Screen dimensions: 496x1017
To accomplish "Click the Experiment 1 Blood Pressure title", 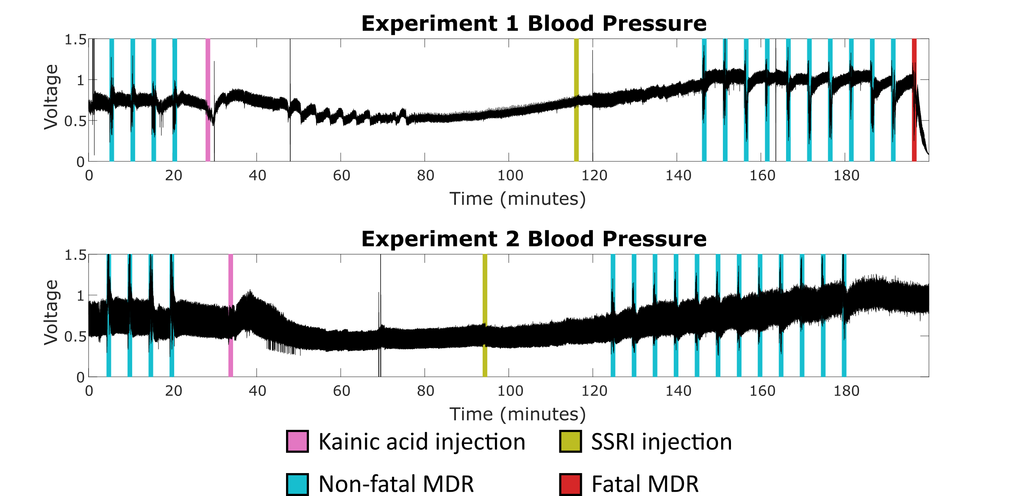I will (x=534, y=23).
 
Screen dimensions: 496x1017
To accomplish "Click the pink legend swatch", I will (x=297, y=441).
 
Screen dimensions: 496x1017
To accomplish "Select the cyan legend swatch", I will (x=297, y=484).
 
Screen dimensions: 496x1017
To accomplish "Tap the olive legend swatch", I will (x=570, y=441).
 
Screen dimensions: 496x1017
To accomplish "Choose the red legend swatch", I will (x=570, y=484).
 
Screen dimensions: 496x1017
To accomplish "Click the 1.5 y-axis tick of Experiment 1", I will (x=75, y=40).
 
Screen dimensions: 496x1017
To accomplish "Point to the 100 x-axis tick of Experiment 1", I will (x=510, y=176).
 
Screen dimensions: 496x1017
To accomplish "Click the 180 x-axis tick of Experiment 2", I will (x=846, y=391).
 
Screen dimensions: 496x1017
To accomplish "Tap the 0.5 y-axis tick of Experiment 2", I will (x=75, y=337).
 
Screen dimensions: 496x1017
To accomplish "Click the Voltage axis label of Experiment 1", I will (x=51, y=97).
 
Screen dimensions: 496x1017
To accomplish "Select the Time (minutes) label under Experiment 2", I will (x=517, y=414).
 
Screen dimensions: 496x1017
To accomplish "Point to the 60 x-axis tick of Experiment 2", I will (x=342, y=391).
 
